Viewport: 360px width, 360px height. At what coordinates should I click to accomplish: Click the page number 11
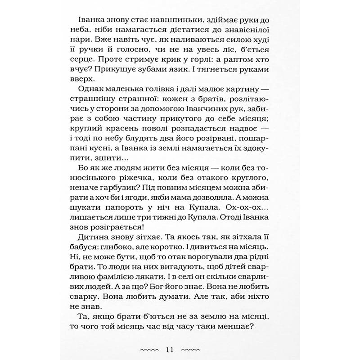tap(172, 349)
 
